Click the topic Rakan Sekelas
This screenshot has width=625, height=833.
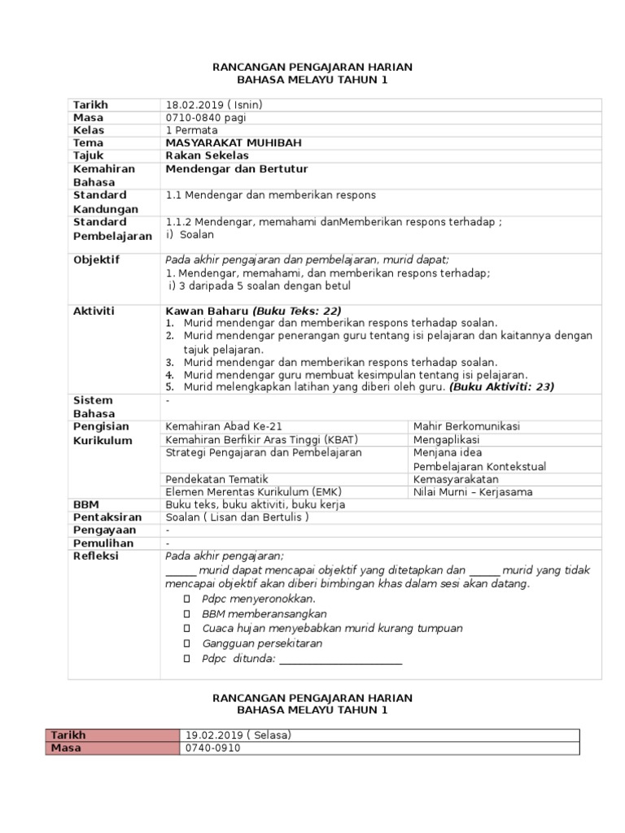pos(207,155)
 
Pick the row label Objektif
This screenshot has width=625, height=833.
pos(96,259)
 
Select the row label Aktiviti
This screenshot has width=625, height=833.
pos(94,312)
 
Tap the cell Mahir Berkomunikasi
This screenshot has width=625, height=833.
pos(466,426)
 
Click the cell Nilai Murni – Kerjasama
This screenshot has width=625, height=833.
pos(473,492)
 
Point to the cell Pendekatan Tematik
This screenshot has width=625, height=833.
pos(216,479)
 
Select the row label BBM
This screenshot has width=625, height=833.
pos(85,504)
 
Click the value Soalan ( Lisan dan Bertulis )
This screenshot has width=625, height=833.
pos(237,517)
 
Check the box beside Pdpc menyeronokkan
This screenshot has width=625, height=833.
pos(186,599)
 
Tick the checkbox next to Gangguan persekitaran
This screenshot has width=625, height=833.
pos(186,643)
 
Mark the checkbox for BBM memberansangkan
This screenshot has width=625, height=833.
pos(186,614)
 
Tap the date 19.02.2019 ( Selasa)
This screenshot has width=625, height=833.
pos(238,735)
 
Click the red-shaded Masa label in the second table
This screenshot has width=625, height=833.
pos(66,748)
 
